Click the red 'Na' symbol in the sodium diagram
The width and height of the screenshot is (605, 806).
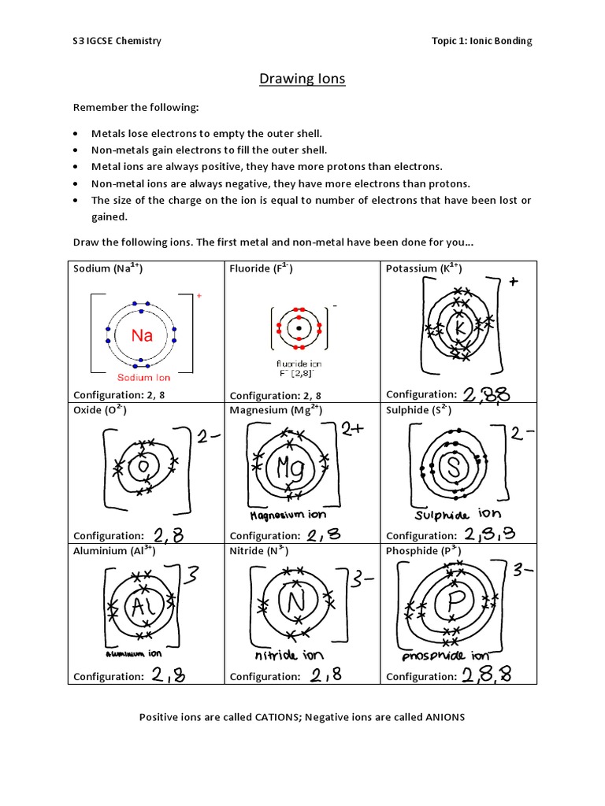click(142, 336)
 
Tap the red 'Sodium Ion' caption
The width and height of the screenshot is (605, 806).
click(144, 378)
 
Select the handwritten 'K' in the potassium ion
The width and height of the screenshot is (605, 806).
click(462, 326)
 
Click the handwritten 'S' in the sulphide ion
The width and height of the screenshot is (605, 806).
click(453, 468)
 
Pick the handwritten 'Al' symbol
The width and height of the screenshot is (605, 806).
click(141, 606)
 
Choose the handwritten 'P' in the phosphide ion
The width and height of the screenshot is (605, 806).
click(454, 604)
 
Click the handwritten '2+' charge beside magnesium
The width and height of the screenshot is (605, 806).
click(351, 429)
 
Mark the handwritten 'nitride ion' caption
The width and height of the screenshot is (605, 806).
click(288, 655)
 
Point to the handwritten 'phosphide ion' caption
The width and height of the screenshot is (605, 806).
click(445, 656)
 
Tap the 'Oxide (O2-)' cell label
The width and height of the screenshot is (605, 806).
click(100, 410)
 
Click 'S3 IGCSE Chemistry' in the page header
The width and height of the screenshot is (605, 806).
click(117, 41)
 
